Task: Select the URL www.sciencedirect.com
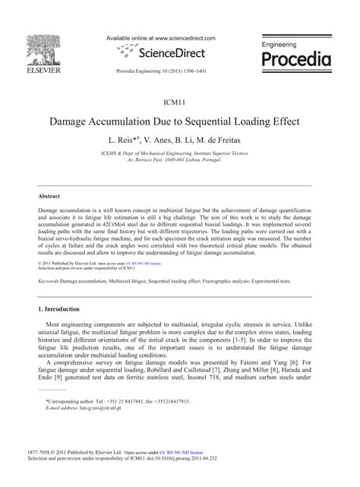(x=186, y=37)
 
